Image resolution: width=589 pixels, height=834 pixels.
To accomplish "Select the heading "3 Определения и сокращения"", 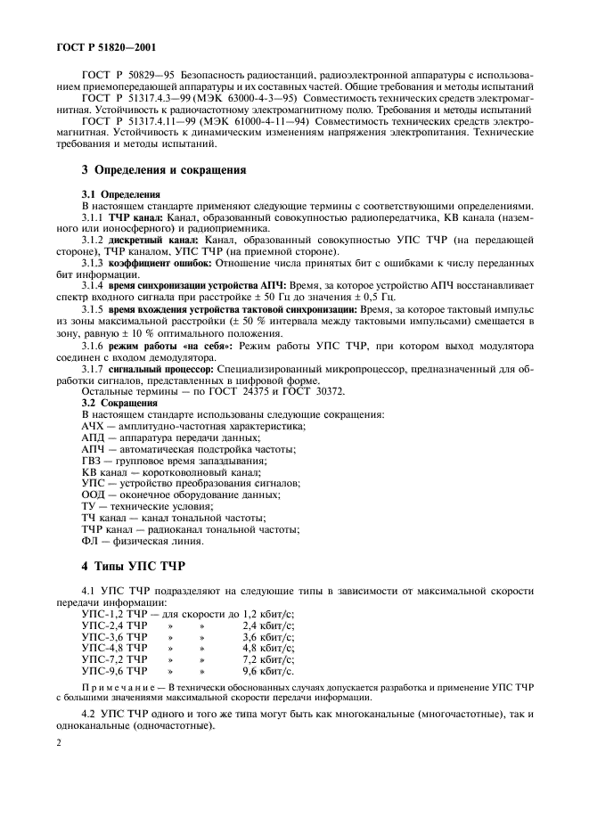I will click(163, 169).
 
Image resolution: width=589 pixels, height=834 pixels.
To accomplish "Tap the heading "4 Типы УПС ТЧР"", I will click(129, 566).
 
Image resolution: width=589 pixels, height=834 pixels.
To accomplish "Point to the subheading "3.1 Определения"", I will click(121, 193).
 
